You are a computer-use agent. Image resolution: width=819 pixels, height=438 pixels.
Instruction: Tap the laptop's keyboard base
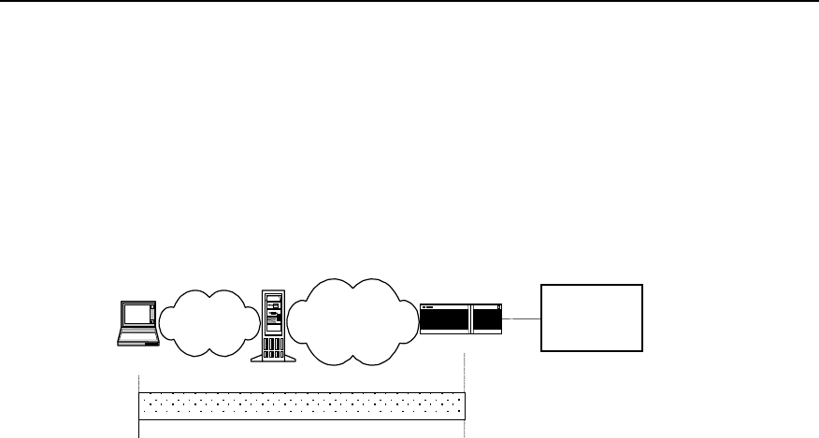(136, 339)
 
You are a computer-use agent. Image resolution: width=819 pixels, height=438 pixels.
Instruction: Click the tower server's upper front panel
(273, 313)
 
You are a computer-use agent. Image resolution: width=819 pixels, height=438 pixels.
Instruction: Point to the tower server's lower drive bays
(273, 348)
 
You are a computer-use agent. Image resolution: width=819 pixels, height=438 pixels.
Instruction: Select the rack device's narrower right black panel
(488, 320)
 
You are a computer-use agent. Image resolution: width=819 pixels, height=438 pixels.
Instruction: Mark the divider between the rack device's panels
(471, 318)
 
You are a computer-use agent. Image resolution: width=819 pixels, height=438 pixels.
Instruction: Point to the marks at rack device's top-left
(427, 305)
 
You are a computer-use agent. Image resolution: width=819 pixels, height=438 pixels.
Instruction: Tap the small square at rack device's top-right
(500, 305)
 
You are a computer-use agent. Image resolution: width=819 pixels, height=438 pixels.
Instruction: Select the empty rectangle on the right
(592, 318)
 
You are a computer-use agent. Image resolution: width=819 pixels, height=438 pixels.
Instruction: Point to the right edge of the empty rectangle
(643, 318)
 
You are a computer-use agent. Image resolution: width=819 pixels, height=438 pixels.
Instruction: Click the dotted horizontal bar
(301, 407)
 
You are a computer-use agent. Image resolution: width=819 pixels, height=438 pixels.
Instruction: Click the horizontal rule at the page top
(409, 1)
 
